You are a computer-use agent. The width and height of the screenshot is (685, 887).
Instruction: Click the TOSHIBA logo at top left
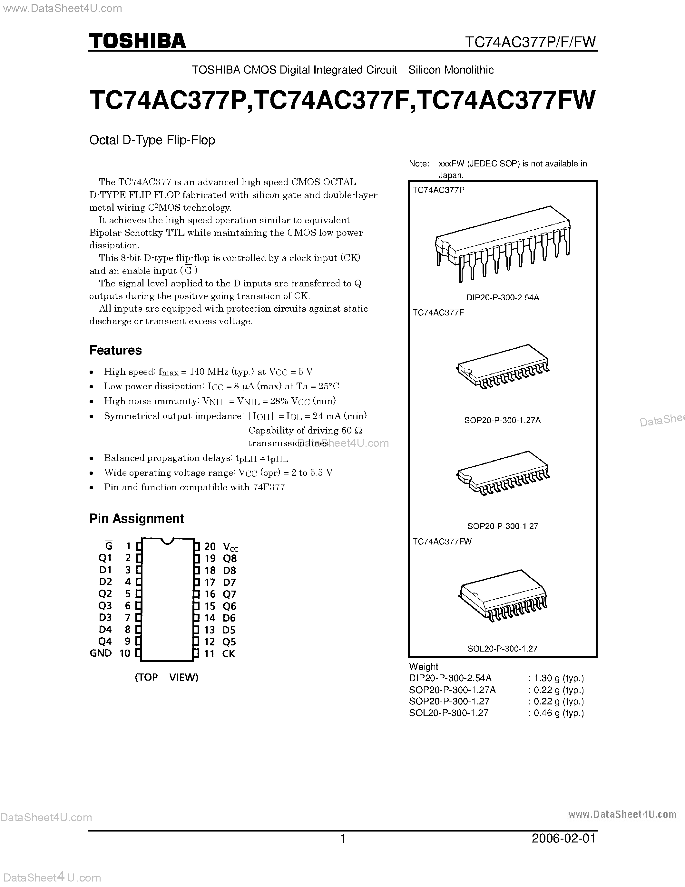(x=137, y=41)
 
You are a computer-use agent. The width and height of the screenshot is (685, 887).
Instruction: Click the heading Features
(x=116, y=350)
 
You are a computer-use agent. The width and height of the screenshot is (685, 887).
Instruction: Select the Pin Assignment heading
(x=136, y=519)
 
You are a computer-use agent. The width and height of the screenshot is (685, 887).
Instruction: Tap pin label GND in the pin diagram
(x=101, y=653)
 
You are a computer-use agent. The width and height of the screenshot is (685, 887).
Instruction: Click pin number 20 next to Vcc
(x=210, y=547)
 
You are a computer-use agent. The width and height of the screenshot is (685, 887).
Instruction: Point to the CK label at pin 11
(x=229, y=653)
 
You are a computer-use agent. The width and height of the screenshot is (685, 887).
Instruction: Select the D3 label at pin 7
(x=105, y=617)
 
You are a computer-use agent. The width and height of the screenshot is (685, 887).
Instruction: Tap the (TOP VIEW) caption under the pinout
(x=166, y=677)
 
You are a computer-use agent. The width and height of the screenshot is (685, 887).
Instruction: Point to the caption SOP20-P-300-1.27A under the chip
(x=503, y=420)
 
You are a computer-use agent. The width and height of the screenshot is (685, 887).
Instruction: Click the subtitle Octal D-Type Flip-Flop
(x=152, y=140)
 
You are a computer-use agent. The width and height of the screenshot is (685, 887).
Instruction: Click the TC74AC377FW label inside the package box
(x=442, y=541)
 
